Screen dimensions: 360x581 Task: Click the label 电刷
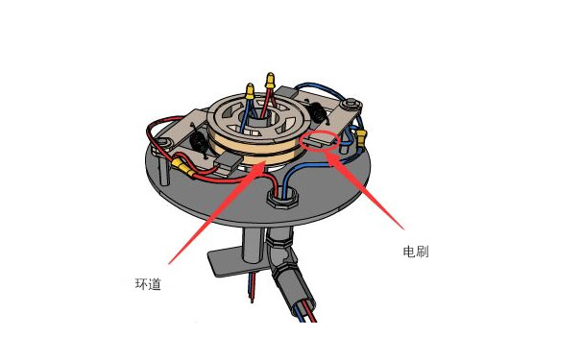tap(415, 252)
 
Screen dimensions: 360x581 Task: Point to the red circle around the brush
tap(318, 142)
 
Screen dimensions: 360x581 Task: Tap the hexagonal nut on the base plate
tap(279, 196)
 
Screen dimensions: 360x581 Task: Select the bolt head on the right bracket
tap(352, 102)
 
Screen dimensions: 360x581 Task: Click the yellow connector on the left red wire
tap(179, 168)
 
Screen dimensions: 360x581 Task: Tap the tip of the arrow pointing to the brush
tap(326, 154)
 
